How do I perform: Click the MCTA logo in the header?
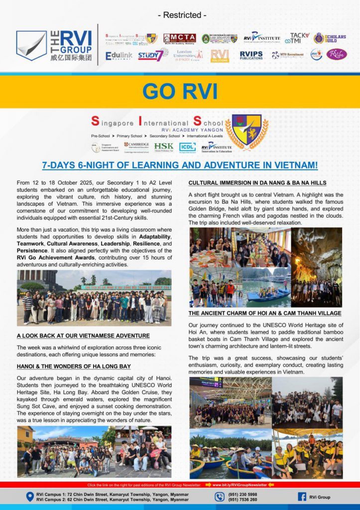tap(180, 38)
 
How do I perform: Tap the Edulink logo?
tap(119, 55)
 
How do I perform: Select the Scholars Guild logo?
tap(330, 38)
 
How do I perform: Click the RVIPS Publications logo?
tap(251, 55)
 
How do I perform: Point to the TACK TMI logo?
tap(300, 38)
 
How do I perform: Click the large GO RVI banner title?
tap(180, 91)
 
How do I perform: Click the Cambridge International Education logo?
tap(136, 147)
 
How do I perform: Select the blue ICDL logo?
tap(187, 147)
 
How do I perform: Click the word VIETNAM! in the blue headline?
tap(292, 164)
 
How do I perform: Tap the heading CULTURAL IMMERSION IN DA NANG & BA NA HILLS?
tap(257, 183)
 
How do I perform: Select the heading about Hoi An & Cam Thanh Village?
tap(265, 313)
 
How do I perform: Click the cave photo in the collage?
tap(316, 267)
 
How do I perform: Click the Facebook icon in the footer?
tap(302, 497)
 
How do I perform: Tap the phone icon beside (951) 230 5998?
tap(220, 497)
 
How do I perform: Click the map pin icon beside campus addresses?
tap(29, 497)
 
